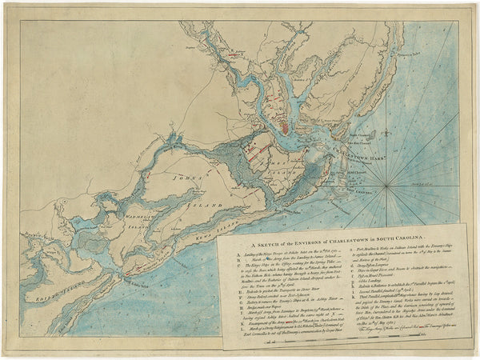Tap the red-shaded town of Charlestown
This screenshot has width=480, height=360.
click(283, 125)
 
